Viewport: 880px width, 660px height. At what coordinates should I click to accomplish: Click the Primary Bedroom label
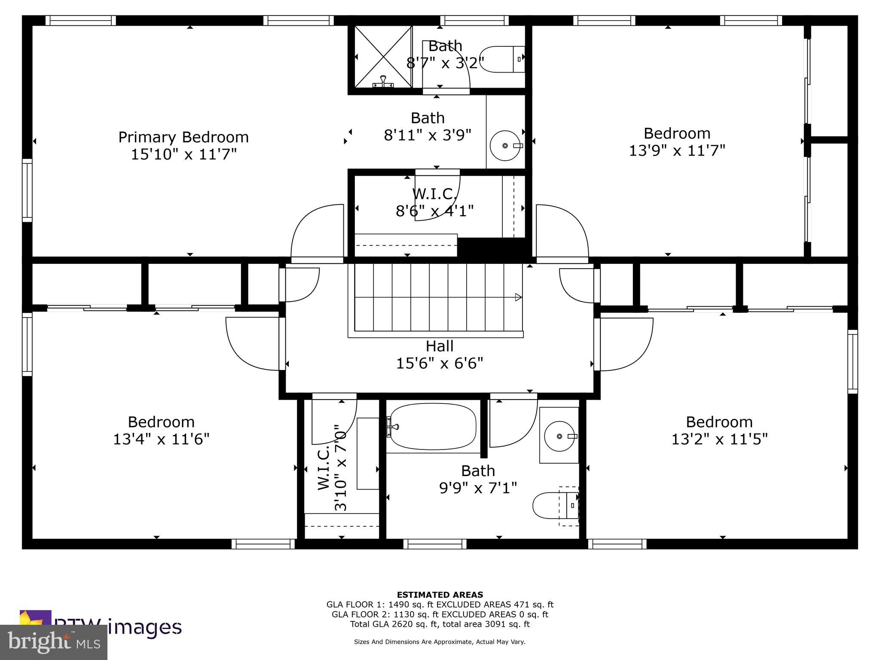tap(183, 137)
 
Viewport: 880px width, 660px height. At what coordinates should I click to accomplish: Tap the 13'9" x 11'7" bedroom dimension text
tap(677, 151)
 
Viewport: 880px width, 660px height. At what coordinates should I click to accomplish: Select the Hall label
tap(440, 346)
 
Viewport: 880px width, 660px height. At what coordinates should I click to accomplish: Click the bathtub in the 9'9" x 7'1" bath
tap(433, 426)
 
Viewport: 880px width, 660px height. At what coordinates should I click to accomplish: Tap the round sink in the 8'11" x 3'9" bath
tap(505, 146)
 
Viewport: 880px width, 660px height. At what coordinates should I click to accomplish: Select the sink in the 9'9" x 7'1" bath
tap(559, 436)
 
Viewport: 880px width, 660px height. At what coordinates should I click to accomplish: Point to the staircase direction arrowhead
tap(519, 297)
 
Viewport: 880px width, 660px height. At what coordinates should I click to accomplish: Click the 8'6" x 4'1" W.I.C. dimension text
tap(434, 211)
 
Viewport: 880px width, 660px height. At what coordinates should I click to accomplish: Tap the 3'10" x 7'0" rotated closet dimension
tap(340, 467)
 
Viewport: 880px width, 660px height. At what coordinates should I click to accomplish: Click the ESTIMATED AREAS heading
tap(440, 595)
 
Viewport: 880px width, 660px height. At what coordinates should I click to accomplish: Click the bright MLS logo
tap(53, 642)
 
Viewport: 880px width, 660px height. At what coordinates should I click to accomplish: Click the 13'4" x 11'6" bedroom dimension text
tap(161, 439)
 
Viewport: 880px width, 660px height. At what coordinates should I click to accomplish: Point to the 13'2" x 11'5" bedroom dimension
tap(719, 439)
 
